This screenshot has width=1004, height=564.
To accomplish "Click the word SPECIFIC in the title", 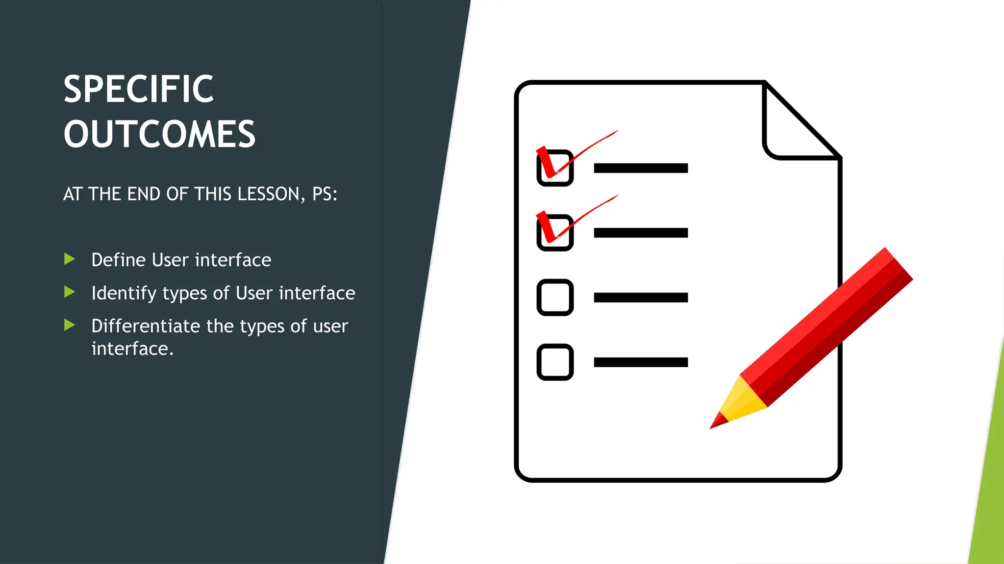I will point(139,90).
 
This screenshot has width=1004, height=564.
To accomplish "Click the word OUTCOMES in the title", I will point(159,134).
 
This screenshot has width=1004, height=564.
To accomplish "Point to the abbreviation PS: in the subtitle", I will point(325,194).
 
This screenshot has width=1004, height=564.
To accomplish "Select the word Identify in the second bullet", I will point(124,293).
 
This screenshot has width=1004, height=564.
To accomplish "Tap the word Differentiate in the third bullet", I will point(146,326).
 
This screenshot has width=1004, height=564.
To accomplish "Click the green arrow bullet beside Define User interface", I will point(70,259).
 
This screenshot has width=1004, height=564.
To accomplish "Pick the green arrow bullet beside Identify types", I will point(70,292).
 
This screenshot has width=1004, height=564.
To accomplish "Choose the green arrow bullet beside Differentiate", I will point(70,325).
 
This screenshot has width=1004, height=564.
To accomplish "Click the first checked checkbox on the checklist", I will point(555,168).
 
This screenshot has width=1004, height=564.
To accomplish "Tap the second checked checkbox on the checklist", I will point(555,233).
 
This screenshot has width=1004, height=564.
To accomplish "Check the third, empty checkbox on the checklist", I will point(555,297).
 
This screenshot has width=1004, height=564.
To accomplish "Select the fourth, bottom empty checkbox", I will point(555,362).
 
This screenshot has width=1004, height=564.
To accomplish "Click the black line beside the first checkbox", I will point(641,168).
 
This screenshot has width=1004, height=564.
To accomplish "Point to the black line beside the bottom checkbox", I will point(641,362).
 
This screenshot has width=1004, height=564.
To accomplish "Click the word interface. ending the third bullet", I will point(132,349).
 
